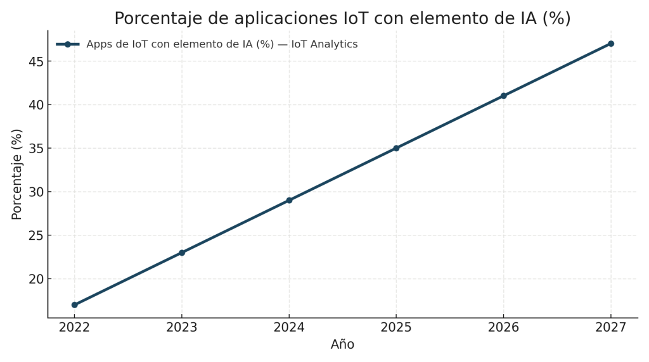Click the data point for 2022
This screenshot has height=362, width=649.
coord(75,305)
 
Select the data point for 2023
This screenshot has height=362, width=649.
coord(182,253)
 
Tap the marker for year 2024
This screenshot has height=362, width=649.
coord(289,200)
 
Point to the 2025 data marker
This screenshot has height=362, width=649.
coord(396,148)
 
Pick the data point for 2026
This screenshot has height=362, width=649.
coord(503,96)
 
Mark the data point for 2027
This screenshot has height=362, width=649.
coord(610,44)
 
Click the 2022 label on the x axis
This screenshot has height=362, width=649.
coord(75,327)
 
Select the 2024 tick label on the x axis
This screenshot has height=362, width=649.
coord(289,327)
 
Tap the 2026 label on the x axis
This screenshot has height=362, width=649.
coord(503,327)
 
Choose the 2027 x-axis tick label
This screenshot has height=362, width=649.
coord(610,327)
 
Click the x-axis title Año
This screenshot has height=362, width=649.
coord(342,345)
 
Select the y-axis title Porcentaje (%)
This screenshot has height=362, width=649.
coord(17,174)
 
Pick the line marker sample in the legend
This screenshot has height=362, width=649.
coord(67,44)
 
